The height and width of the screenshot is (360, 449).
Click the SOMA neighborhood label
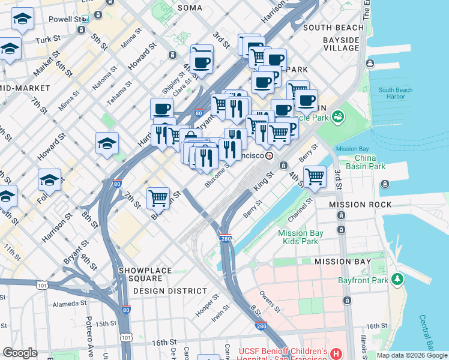point(190,8)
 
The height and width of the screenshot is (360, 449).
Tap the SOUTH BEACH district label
point(333,28)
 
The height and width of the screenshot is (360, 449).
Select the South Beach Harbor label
point(396,93)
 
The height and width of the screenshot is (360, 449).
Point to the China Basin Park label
point(361,162)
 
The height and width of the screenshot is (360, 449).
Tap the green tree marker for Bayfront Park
point(396,279)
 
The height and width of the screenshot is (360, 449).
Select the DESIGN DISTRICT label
point(170,291)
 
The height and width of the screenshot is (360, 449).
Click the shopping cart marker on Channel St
point(315,176)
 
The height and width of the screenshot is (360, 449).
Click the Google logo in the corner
point(20,353)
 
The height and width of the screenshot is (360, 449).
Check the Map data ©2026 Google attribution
point(412,355)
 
